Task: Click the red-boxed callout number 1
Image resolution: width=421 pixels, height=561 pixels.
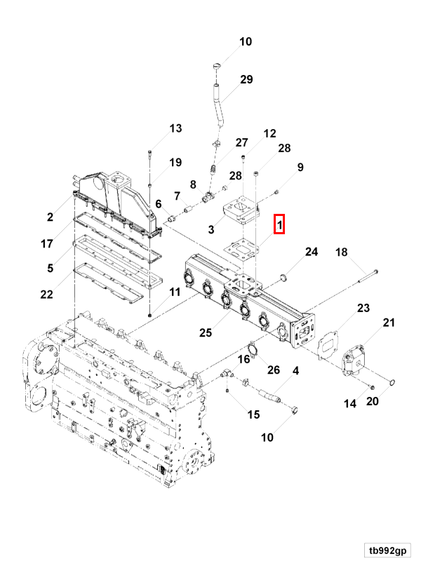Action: (279, 225)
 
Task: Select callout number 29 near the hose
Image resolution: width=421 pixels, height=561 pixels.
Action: (246, 80)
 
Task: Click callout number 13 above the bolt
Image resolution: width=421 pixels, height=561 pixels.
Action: (175, 128)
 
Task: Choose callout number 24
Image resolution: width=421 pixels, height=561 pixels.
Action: (311, 252)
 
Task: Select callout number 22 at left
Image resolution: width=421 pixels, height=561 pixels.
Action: (46, 294)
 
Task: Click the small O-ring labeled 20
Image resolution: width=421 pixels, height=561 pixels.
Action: (393, 383)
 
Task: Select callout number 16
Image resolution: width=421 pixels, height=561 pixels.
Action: (243, 359)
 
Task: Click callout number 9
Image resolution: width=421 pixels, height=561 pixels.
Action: (300, 167)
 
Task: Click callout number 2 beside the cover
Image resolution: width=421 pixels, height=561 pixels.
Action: (50, 217)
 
